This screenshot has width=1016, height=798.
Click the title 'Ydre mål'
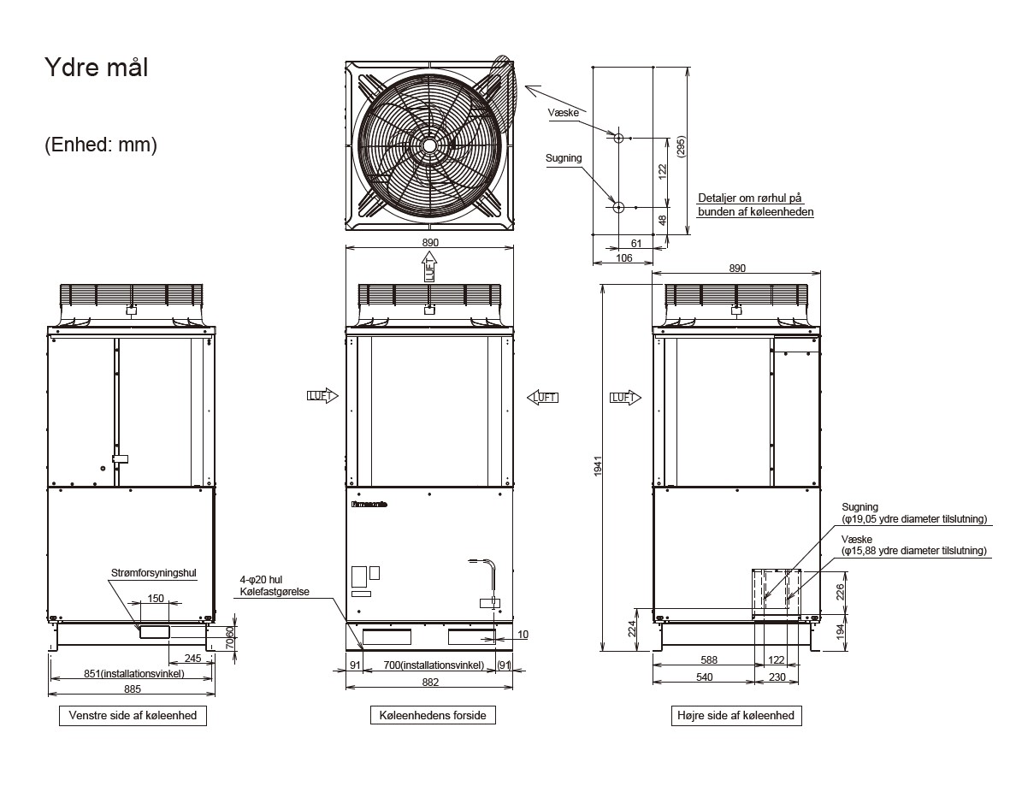pos(96,68)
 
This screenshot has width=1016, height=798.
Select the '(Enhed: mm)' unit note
pos(100,145)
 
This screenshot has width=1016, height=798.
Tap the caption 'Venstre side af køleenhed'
pos(132,715)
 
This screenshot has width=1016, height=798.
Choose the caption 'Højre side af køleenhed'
pos(735,715)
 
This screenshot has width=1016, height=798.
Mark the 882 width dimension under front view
pos(430,682)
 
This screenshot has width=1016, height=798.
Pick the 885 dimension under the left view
pos(132,689)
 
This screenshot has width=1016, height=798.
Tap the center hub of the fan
pos(428,145)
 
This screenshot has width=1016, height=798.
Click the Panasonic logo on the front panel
pos(369,505)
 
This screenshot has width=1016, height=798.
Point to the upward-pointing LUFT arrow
pos(428,271)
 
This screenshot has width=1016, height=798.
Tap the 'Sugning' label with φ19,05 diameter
pos(859,507)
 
